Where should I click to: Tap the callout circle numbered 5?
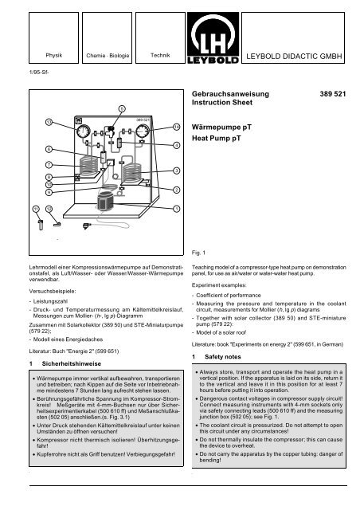coord(121,107)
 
